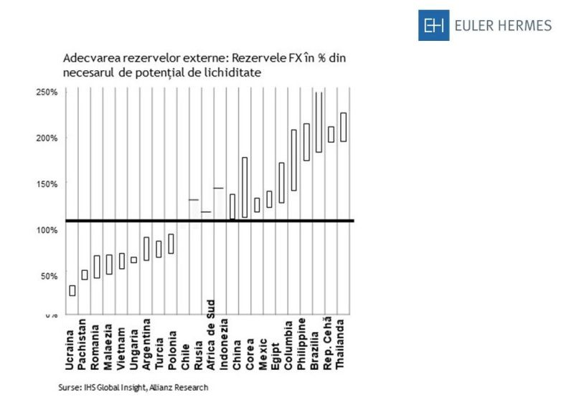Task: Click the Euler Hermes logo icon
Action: click(x=433, y=26)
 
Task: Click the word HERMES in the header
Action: click(x=524, y=26)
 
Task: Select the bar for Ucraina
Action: click(x=72, y=290)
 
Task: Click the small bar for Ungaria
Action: click(x=133, y=260)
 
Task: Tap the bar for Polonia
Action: click(x=171, y=244)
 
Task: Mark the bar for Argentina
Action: click(x=146, y=249)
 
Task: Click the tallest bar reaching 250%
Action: click(x=319, y=122)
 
